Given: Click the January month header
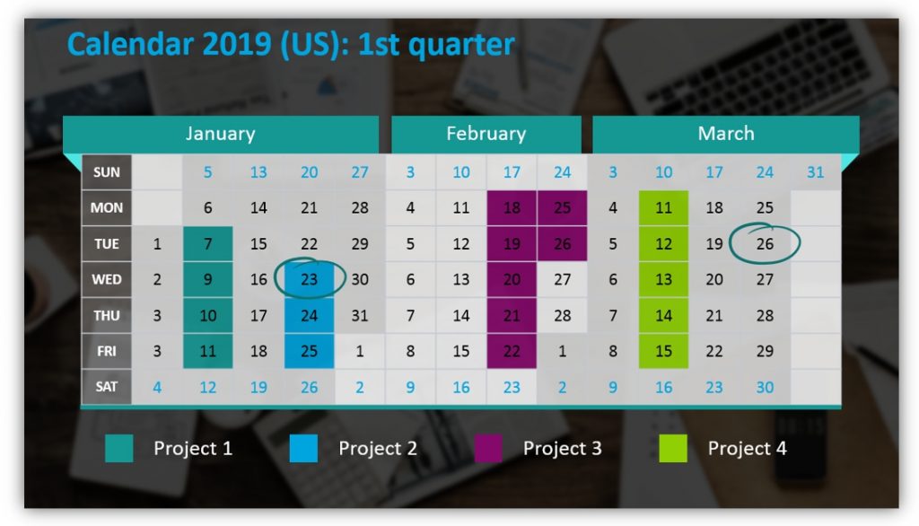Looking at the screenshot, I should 220,135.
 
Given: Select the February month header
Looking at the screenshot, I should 486,135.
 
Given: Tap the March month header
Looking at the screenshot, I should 725,135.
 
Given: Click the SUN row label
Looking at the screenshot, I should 107,172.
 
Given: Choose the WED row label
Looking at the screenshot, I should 107,279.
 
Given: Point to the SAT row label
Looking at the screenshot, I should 107,387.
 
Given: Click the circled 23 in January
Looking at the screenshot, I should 310,279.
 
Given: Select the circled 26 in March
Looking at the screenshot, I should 765,244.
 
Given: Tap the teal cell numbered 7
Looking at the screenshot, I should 208,244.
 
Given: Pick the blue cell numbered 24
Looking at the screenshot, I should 310,315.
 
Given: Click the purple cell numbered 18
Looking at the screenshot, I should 512,208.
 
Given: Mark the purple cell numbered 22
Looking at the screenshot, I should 512,351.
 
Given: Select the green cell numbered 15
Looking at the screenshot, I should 664,351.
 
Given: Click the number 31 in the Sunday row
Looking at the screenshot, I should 815,172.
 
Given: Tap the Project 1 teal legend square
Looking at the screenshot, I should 118,448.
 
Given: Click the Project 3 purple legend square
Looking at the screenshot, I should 488,448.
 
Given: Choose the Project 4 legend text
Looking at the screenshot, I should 747,448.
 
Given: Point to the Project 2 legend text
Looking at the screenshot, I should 378,448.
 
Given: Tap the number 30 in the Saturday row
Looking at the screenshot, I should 765,387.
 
